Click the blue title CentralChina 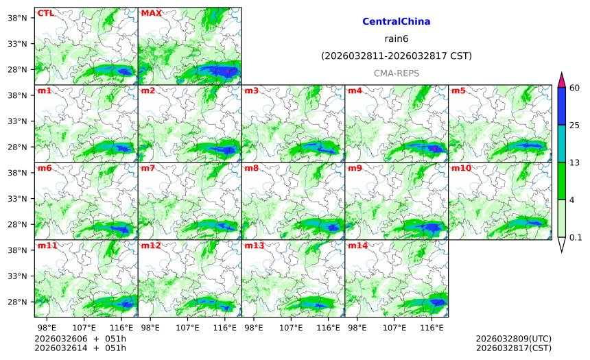pyautogui.click(x=396, y=22)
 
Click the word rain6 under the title pyautogui.click(x=396, y=39)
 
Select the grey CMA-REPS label pyautogui.click(x=396, y=73)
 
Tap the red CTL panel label pyautogui.click(x=46, y=13)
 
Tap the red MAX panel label pyautogui.click(x=151, y=13)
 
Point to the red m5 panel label pyautogui.click(x=458, y=91)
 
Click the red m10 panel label pyautogui.click(x=461, y=168)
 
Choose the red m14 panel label pyautogui.click(x=357, y=245)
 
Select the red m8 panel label pyautogui.click(x=251, y=168)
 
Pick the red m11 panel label pyautogui.click(x=47, y=245)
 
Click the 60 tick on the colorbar pyautogui.click(x=575, y=88)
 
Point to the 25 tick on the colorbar pyautogui.click(x=575, y=125)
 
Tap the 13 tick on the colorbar pyautogui.click(x=575, y=162)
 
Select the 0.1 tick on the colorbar pyautogui.click(x=576, y=237)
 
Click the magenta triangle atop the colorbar pyautogui.click(x=561, y=80)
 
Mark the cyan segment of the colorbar pyautogui.click(x=561, y=143)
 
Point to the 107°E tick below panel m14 pyautogui.click(x=394, y=328)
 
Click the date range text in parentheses pyautogui.click(x=396, y=56)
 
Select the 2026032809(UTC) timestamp pyautogui.click(x=513, y=339)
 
